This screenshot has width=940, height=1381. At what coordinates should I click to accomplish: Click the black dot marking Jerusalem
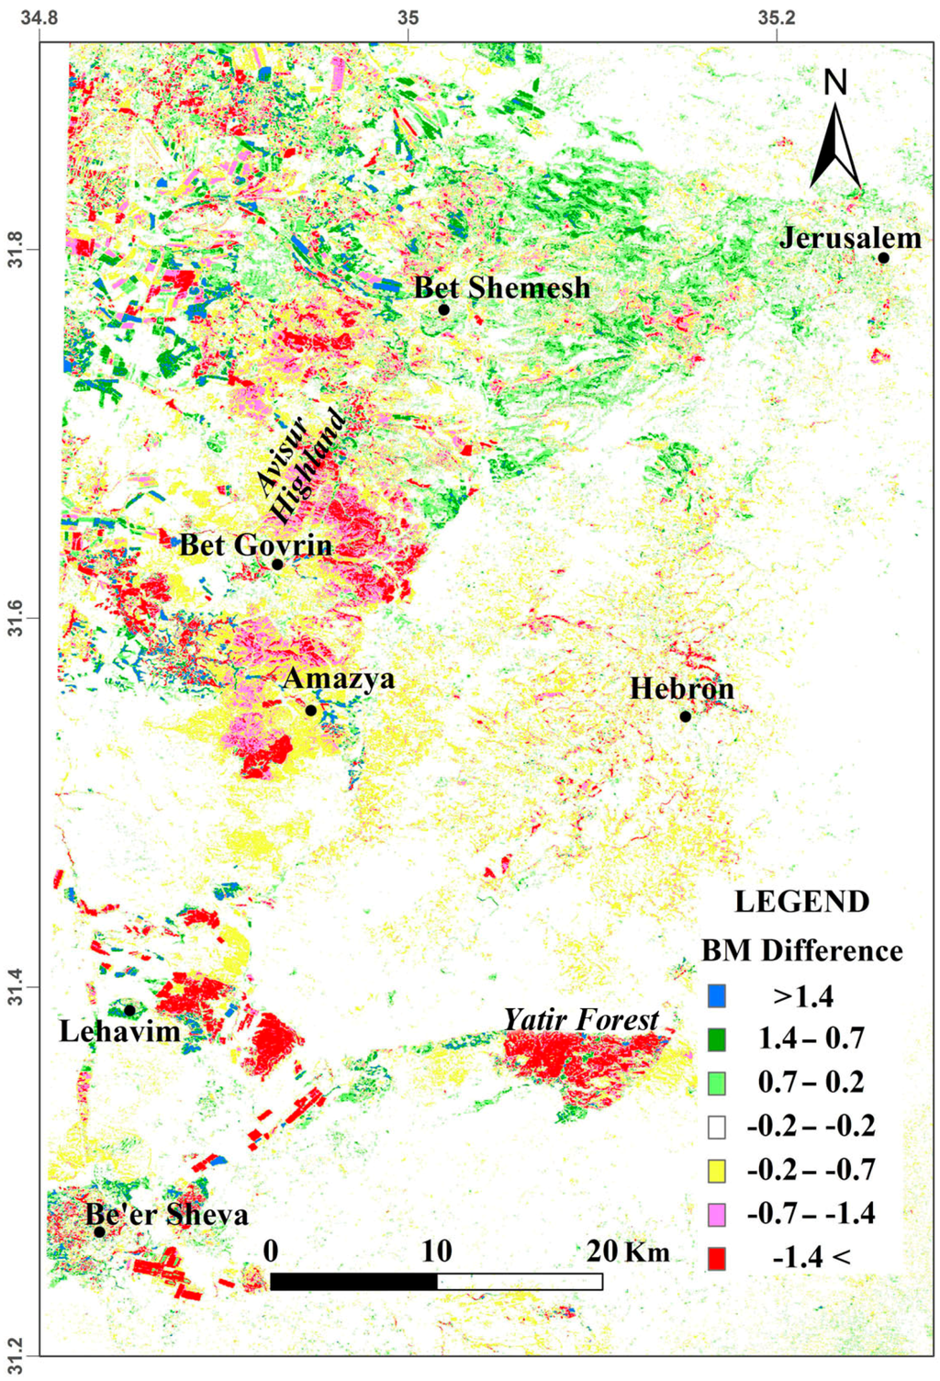[883, 258]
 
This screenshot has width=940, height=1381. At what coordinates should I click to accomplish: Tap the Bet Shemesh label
[502, 288]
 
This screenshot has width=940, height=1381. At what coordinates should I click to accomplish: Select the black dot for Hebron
[685, 716]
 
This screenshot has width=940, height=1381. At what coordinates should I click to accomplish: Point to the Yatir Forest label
[581, 1019]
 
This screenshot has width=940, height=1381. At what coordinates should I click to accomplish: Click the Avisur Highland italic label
[300, 466]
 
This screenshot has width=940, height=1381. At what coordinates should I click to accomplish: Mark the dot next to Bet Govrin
[277, 564]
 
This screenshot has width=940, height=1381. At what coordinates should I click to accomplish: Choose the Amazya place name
[339, 679]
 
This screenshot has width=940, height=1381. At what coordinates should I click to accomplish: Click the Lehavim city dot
[129, 1010]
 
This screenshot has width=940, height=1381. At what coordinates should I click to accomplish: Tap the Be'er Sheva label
[167, 1215]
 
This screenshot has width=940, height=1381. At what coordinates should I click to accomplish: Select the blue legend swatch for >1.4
[717, 995]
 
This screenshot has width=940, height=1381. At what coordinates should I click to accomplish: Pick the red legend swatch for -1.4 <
[717, 1257]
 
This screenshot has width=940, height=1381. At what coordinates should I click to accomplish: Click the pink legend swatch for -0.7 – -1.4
[717, 1214]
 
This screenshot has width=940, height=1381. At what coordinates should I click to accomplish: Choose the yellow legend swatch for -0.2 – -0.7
[717, 1171]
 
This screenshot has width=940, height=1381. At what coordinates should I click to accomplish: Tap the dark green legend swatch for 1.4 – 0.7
[717, 1039]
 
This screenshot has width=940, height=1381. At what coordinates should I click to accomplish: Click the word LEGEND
[801, 902]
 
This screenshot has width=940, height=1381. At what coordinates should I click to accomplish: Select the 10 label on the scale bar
[437, 1251]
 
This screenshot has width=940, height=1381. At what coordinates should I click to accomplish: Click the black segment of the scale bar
[353, 1281]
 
